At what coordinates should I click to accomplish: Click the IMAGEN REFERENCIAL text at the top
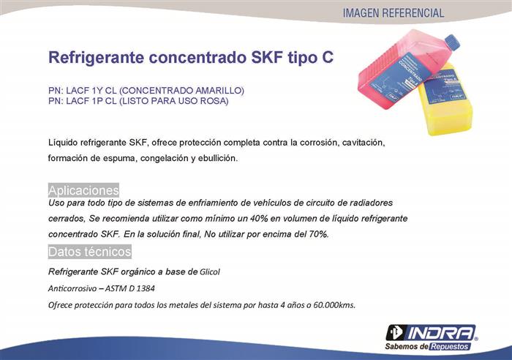[394, 13]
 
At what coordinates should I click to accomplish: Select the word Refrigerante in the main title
[97, 58]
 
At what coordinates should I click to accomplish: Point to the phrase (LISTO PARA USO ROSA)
[174, 101]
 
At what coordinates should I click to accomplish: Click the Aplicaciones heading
[83, 190]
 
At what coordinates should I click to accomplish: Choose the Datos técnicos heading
[90, 252]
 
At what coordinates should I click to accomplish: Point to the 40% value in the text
[259, 218]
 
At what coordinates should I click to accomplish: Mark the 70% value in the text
[318, 234]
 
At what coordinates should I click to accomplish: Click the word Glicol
[210, 271]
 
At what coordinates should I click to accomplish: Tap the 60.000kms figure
[334, 305]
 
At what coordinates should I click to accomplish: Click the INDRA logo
[431, 333]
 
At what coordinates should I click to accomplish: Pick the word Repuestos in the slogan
[450, 347]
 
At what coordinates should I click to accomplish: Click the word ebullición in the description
[217, 158]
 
